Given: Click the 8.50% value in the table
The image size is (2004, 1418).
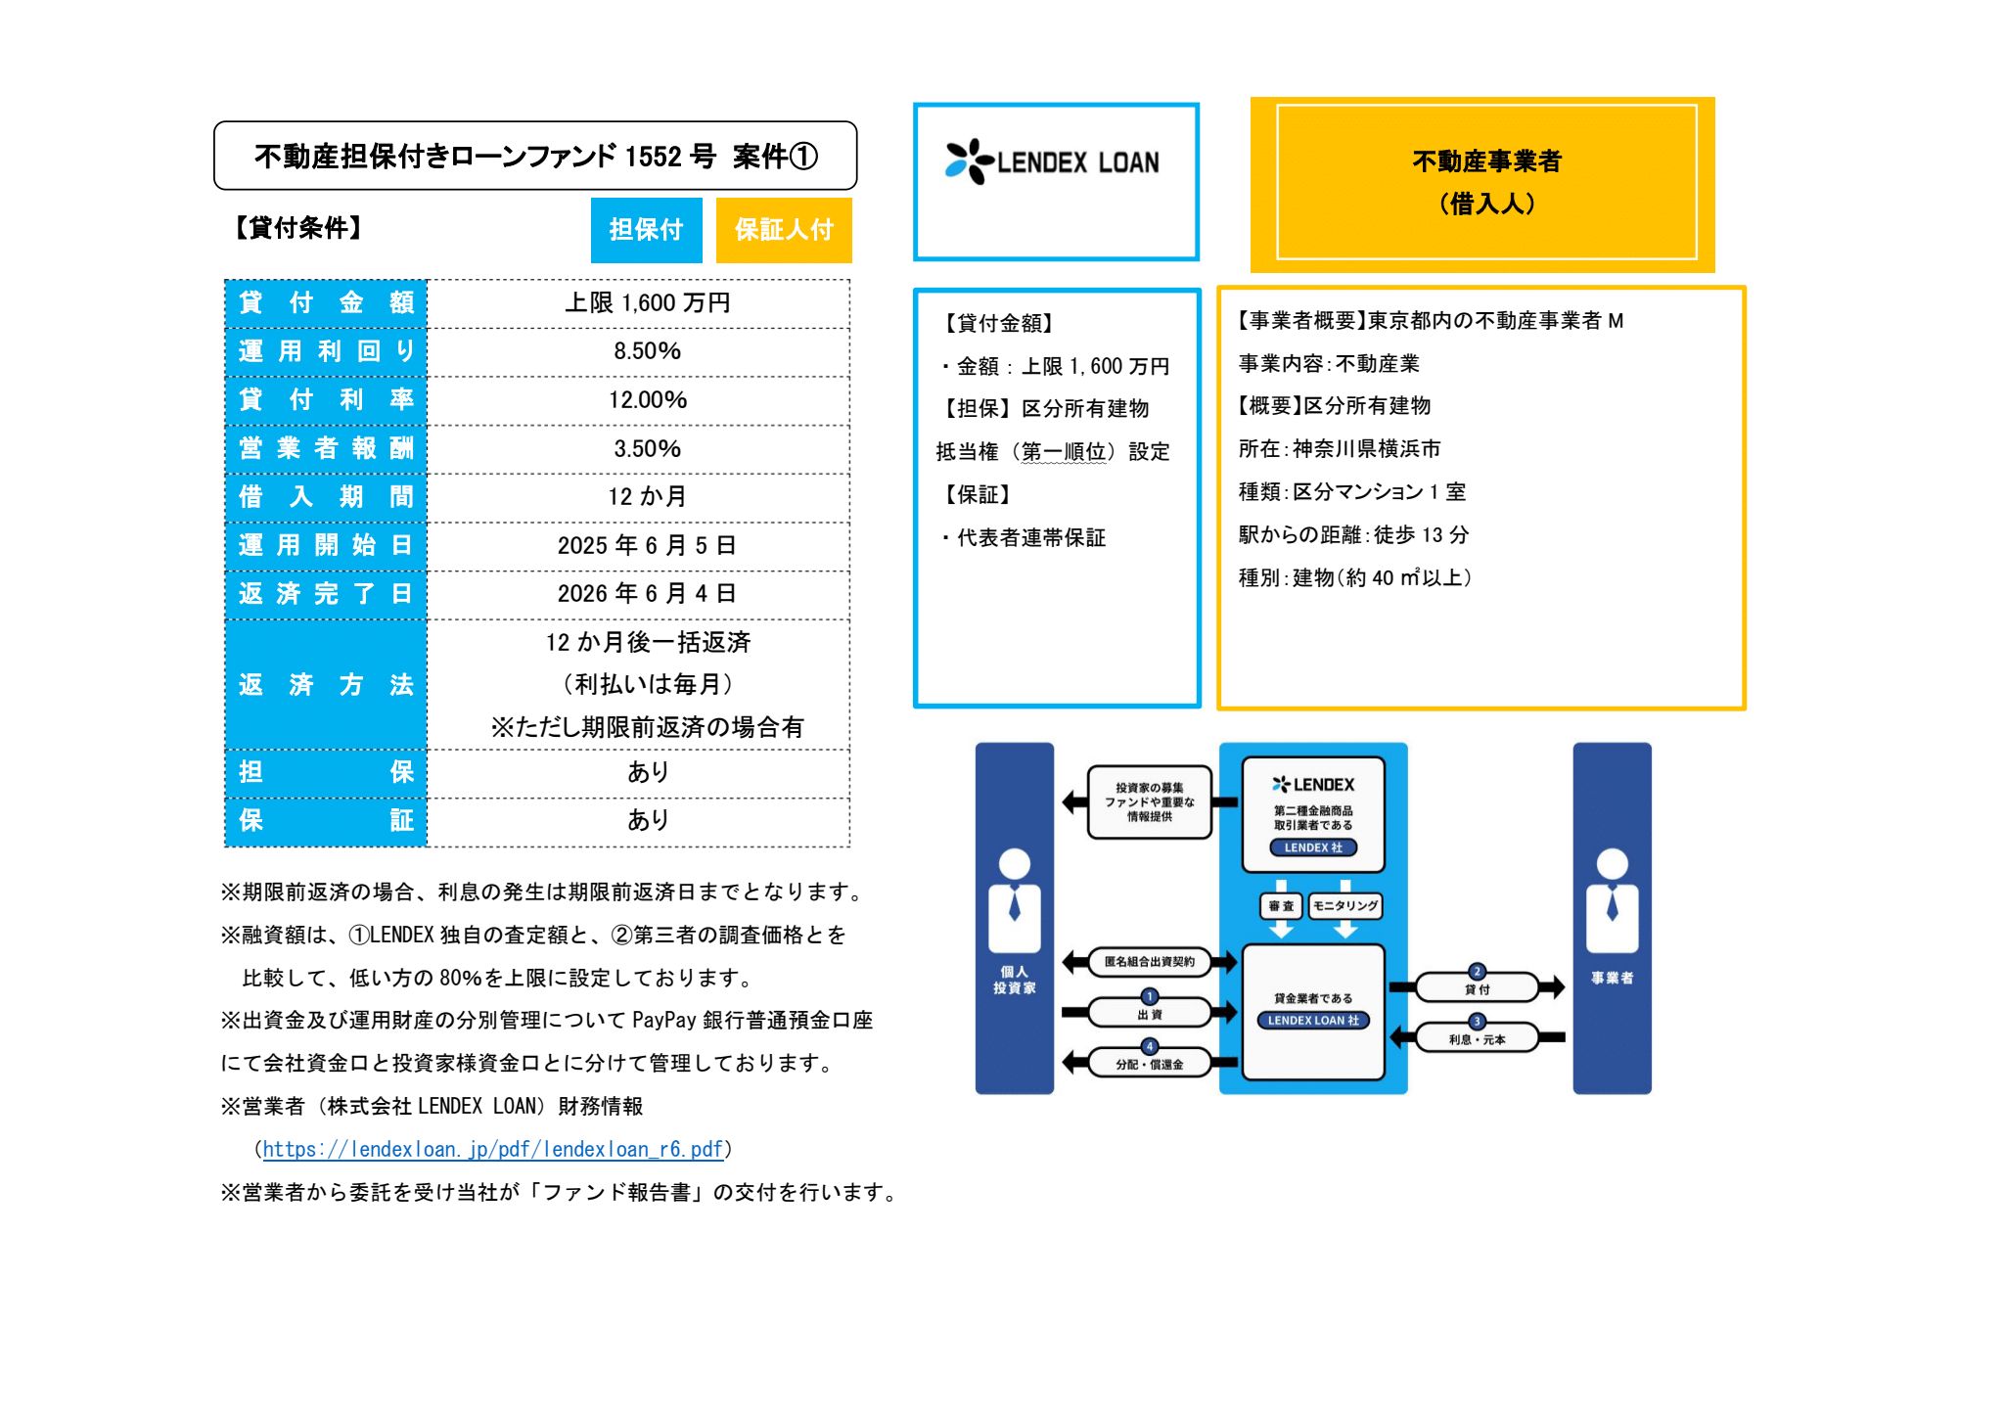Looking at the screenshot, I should [x=647, y=351].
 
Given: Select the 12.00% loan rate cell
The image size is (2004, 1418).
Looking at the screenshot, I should [x=647, y=400].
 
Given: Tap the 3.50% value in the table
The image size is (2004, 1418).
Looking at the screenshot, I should [x=647, y=449].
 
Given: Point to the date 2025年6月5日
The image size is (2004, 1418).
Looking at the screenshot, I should [x=647, y=546].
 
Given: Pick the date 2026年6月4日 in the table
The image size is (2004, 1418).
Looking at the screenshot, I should [x=647, y=594].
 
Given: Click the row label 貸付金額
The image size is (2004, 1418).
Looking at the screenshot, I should [x=326, y=303].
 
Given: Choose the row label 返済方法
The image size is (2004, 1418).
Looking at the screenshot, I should [x=326, y=685].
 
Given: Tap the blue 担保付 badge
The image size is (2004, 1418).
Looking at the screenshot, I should [x=646, y=230].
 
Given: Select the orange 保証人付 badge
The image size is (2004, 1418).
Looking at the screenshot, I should [x=784, y=230].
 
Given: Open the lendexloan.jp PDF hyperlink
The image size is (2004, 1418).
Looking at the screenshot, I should [x=492, y=1150].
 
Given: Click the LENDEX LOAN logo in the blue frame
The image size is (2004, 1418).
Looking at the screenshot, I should [x=1053, y=162].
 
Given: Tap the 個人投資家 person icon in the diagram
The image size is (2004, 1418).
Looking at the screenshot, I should [x=1014, y=900].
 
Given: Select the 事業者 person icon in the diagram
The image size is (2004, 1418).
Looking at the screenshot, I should [x=1612, y=900].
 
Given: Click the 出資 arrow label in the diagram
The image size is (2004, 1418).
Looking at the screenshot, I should [x=1150, y=1013].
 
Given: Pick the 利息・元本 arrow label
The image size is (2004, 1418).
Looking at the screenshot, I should [x=1477, y=1038].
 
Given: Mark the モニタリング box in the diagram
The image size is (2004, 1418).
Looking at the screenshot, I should [x=1345, y=906].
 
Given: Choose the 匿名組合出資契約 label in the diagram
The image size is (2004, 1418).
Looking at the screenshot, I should [x=1150, y=962].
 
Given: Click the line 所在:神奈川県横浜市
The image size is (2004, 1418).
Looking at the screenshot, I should [x=1339, y=449].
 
